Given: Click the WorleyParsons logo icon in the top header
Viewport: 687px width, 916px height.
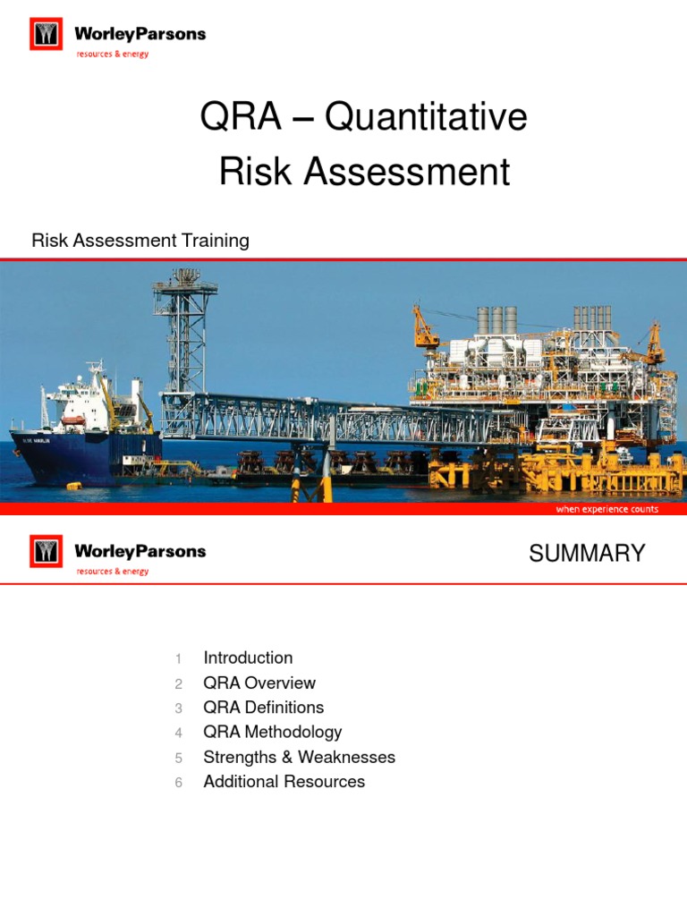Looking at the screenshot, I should (46, 35).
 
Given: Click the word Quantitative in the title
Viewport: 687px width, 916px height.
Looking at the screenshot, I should (426, 118).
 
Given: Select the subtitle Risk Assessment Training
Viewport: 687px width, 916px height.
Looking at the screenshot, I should (140, 241).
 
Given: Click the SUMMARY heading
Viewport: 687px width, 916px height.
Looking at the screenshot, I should (587, 554).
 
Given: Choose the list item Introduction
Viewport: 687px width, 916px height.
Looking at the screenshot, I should (248, 658).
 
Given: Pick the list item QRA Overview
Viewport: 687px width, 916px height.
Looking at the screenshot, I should (259, 683).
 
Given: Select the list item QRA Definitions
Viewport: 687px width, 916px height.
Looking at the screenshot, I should (264, 708).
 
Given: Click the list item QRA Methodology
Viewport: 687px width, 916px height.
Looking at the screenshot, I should (273, 733).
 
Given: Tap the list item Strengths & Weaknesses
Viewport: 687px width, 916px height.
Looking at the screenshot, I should (299, 758).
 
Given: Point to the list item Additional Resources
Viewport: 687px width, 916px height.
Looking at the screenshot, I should (284, 782).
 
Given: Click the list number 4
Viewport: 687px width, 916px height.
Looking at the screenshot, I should (179, 734).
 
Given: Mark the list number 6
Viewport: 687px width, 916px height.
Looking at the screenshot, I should (179, 783).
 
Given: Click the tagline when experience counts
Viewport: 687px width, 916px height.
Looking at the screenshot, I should (606, 509).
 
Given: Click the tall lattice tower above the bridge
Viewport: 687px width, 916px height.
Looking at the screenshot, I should (184, 331).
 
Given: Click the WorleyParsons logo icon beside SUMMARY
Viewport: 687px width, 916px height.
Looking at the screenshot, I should (46, 551).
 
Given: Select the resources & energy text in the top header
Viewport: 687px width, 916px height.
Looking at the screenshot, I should (112, 54).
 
